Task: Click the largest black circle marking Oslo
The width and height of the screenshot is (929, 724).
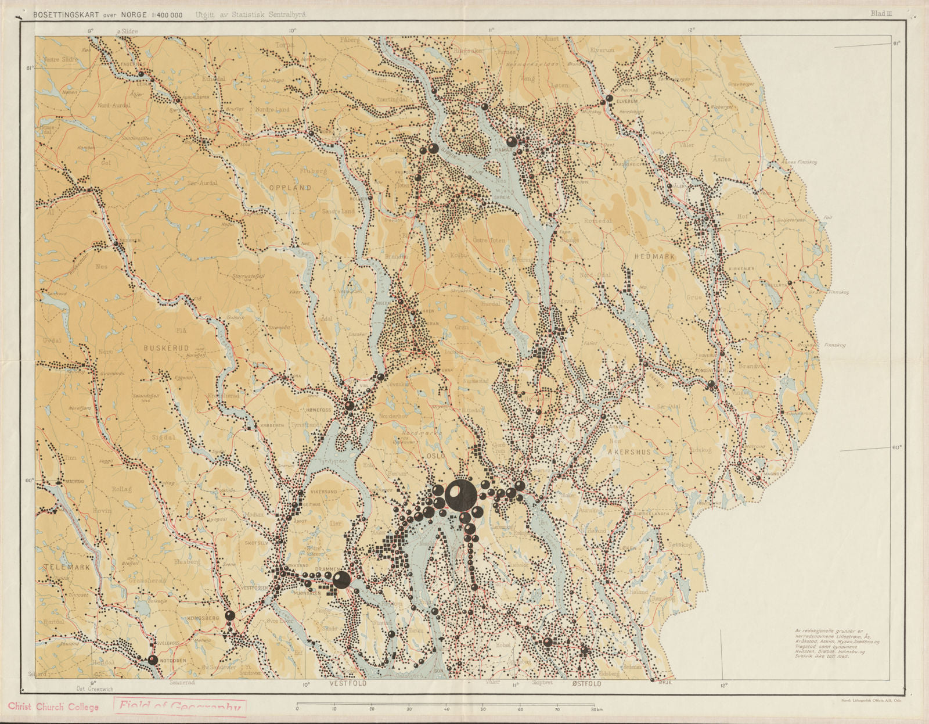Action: click(x=460, y=495)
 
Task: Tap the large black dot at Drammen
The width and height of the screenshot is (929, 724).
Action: click(x=341, y=579)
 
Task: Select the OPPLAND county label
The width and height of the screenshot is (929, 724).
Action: click(x=290, y=188)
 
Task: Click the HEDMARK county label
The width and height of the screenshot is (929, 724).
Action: click(x=654, y=256)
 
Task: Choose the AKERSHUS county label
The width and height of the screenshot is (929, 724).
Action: click(x=629, y=451)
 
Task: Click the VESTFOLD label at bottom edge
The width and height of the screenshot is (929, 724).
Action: click(x=348, y=684)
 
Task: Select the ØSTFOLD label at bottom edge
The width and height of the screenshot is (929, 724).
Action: click(x=586, y=684)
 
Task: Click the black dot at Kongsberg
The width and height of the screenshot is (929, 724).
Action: click(x=230, y=615)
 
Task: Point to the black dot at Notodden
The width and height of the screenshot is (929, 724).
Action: click(x=153, y=660)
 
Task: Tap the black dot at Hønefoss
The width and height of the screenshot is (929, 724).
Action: click(x=349, y=406)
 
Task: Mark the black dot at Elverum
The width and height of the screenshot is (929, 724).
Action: click(x=609, y=99)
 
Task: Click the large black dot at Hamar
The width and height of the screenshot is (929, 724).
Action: click(x=512, y=141)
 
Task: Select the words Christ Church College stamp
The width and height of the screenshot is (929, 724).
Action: click(x=53, y=707)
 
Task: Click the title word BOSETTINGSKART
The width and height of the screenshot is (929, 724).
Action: click(x=63, y=15)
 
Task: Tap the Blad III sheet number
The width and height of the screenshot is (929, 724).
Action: click(x=881, y=13)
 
